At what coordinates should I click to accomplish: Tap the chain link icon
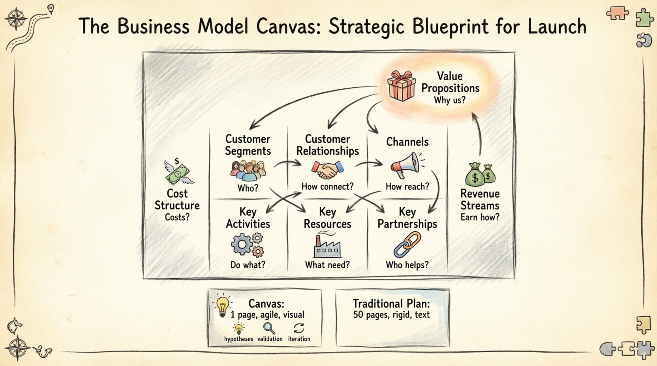click(x=407, y=245)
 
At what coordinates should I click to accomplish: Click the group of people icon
click(x=248, y=170)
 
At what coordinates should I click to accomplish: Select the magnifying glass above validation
click(x=269, y=328)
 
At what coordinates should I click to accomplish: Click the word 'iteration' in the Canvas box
click(x=299, y=339)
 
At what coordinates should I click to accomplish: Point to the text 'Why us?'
click(x=450, y=100)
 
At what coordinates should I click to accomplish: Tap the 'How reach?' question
click(x=407, y=187)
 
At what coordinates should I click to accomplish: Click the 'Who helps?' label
click(x=407, y=265)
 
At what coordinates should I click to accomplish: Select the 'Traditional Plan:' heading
click(x=391, y=304)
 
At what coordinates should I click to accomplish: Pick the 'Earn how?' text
click(x=480, y=217)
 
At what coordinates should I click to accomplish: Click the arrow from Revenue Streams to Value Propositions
click(x=479, y=134)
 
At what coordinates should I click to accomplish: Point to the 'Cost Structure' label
click(x=177, y=200)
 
